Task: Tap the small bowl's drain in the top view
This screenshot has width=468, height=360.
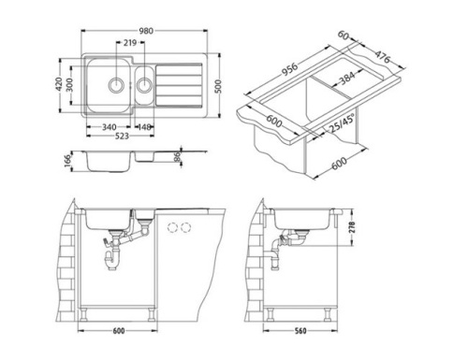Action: coord(146,83)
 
